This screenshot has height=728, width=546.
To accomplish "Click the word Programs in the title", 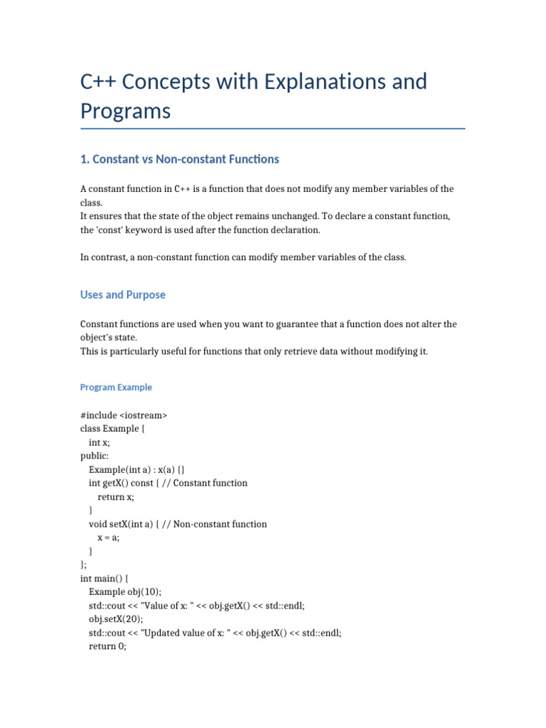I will [x=125, y=111].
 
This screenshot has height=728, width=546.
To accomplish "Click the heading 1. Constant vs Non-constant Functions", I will [x=179, y=159].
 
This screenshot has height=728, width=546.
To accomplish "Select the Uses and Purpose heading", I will [x=123, y=294].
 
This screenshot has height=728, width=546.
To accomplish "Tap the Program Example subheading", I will [x=116, y=387].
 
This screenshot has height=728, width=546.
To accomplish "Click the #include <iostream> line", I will [x=124, y=415].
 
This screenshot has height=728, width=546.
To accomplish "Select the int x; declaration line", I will [x=100, y=442].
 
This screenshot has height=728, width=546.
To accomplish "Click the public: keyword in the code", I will [x=95, y=456].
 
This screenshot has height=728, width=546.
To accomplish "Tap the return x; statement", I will [x=116, y=497].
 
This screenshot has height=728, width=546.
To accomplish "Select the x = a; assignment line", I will [x=109, y=537].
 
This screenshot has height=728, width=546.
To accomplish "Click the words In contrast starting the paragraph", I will [x=103, y=257].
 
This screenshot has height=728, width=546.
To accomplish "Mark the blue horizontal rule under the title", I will [x=273, y=129].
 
